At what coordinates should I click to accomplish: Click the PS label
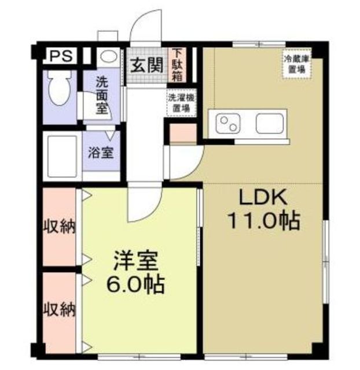tap(61, 56)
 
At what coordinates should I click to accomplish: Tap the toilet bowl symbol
tap(59, 88)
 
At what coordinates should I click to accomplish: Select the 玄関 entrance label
tap(147, 65)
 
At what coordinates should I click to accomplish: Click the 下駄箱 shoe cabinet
tap(177, 65)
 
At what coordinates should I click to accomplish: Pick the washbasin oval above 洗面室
tap(109, 57)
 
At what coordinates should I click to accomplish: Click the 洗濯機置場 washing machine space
tap(181, 103)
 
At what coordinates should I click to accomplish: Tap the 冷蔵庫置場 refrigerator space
tap(297, 64)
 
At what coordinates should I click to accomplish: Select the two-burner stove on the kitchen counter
tap(228, 124)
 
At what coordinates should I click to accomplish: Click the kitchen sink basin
tap(270, 124)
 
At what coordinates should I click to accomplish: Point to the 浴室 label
tap(101, 153)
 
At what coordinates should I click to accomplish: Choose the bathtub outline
tap(63, 156)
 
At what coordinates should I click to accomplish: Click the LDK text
tap(263, 198)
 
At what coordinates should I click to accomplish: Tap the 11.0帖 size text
tap(263, 221)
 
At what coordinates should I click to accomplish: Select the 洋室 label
tap(135, 261)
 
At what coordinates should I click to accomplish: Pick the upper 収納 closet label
tap(60, 227)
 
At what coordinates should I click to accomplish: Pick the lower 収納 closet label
tap(60, 309)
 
